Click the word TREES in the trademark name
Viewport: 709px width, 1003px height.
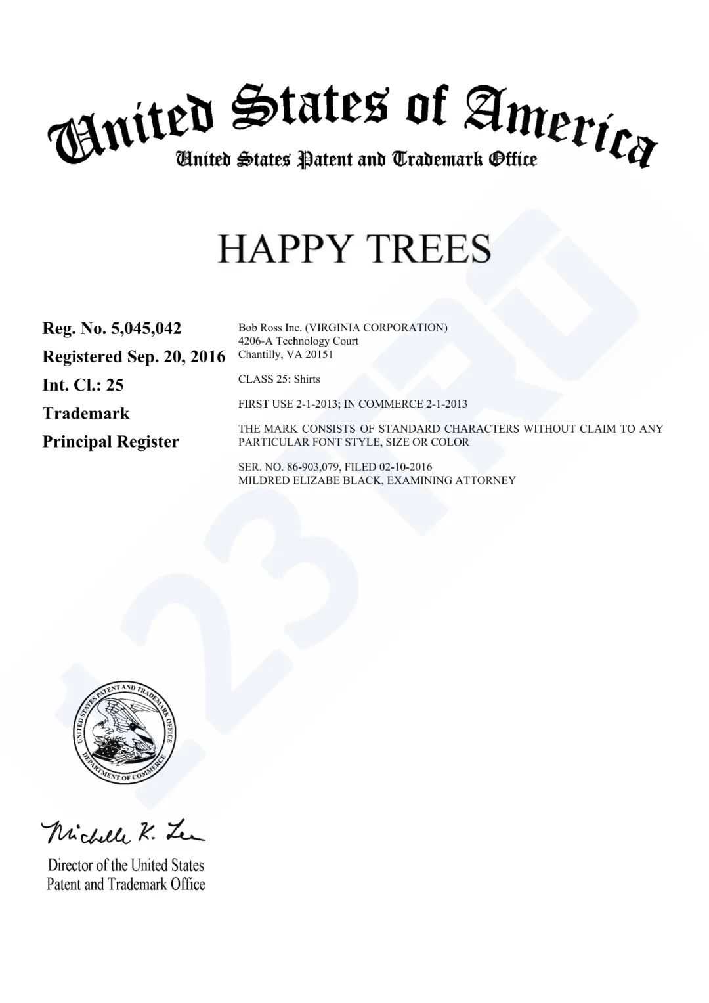point(427,249)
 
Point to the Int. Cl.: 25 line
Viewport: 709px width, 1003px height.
point(83,385)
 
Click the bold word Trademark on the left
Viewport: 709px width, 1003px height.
point(86,414)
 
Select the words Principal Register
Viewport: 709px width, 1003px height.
point(110,442)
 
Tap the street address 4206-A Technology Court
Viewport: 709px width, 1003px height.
point(298,341)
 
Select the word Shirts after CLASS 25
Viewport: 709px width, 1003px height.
point(307,379)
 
